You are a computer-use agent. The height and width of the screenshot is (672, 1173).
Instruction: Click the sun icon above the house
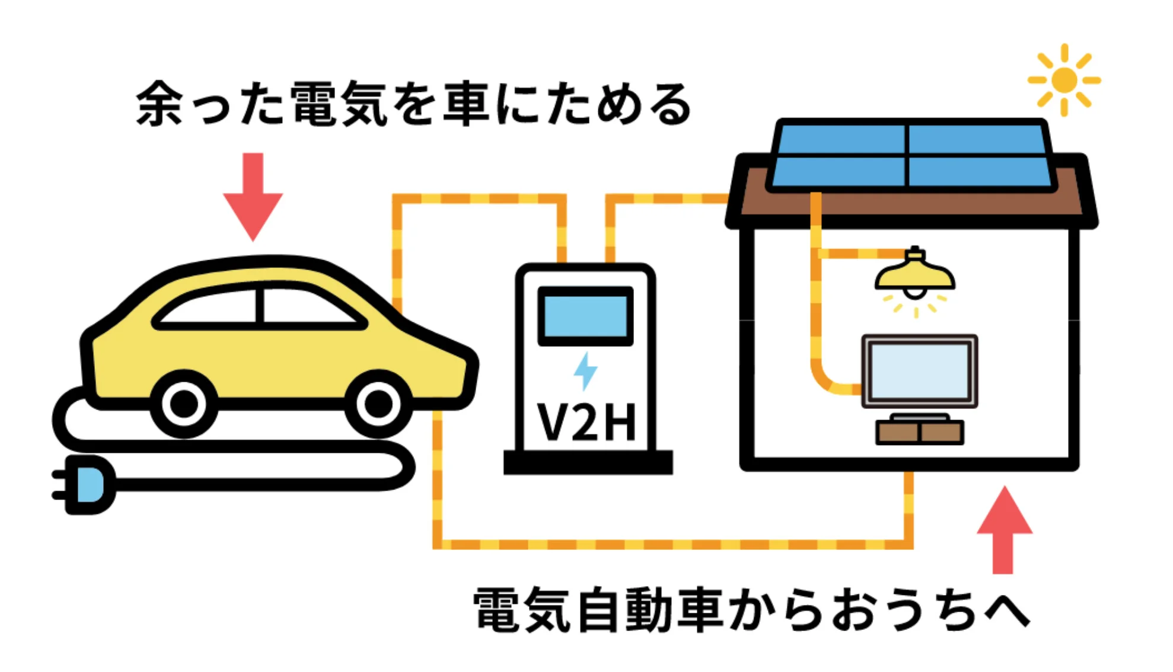coord(1064,80)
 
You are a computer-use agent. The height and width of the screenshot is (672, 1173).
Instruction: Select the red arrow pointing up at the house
coord(1004,530)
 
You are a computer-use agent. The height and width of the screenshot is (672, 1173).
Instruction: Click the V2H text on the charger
coord(586,423)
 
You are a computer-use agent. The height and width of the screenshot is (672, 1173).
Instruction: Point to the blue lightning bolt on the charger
coord(585,371)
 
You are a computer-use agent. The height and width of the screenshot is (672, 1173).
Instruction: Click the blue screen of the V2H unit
coord(585,316)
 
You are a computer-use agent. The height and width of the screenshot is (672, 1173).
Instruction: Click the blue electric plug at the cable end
coord(89,485)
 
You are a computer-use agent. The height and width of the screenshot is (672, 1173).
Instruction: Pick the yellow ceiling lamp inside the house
coord(915,276)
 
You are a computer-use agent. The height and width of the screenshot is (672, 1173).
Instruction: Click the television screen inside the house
coord(919,371)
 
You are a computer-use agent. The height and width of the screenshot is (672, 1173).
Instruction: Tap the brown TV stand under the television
coord(919,432)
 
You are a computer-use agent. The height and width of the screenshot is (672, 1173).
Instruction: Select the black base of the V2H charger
coord(588,462)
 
